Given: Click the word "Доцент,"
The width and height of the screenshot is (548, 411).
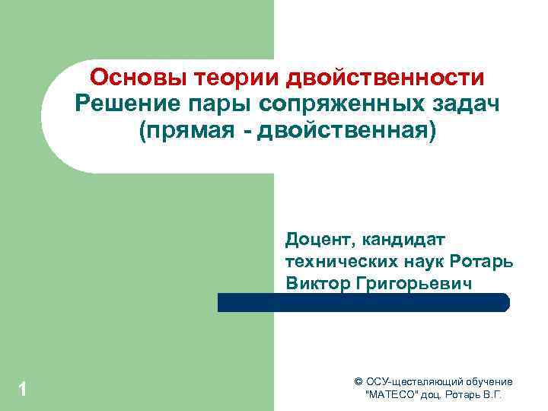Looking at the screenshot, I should [x=320, y=241].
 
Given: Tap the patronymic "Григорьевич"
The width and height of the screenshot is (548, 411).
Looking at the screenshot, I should [x=413, y=283].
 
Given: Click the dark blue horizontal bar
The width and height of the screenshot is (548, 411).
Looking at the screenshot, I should [x=363, y=302].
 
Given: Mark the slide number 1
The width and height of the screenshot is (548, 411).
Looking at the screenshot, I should [x=23, y=390].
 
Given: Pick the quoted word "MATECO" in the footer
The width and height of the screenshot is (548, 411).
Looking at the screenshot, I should [x=393, y=396].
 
